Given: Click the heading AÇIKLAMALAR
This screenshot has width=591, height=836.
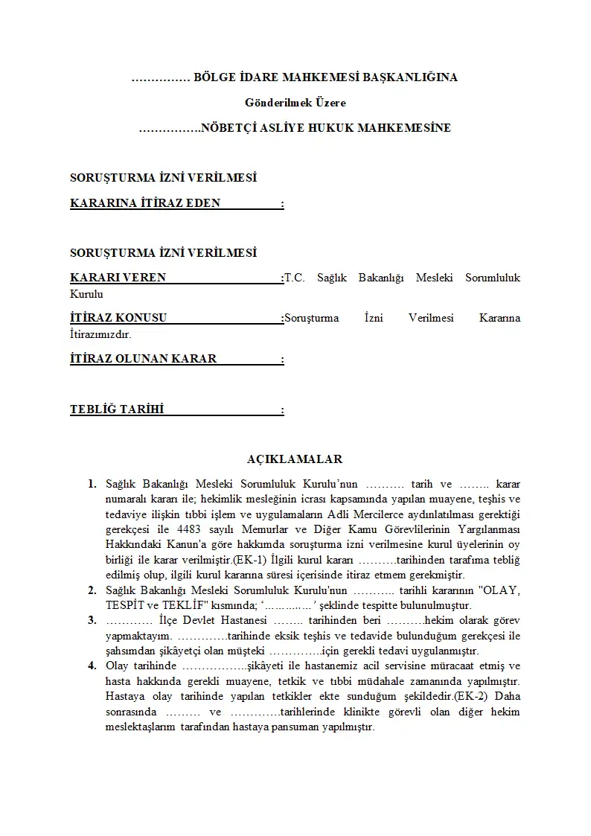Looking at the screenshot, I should (295, 459).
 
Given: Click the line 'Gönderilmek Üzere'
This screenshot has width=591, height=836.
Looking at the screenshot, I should (295, 103).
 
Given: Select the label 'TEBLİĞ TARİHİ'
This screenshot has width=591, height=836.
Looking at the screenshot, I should (117, 409).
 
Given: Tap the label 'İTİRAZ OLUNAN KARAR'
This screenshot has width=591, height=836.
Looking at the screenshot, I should (143, 359).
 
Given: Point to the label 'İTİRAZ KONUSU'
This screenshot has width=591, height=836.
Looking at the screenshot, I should (118, 318).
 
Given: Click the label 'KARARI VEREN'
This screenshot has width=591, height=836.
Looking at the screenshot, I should (118, 278).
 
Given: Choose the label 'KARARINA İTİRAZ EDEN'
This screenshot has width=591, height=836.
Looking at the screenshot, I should (145, 202).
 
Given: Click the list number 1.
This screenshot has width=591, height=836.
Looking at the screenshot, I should (92, 484).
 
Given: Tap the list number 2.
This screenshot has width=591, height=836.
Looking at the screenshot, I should (92, 590).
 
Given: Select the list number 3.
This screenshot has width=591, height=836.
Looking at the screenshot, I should (92, 620).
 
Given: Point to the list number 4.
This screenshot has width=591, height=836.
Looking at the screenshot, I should (92, 666).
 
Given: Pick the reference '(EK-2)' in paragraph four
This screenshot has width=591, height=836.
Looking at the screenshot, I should (473, 696).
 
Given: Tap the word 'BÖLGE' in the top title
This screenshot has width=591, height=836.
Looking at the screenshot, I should (213, 77).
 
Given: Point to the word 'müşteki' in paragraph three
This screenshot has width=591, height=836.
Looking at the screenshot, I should (246, 651).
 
